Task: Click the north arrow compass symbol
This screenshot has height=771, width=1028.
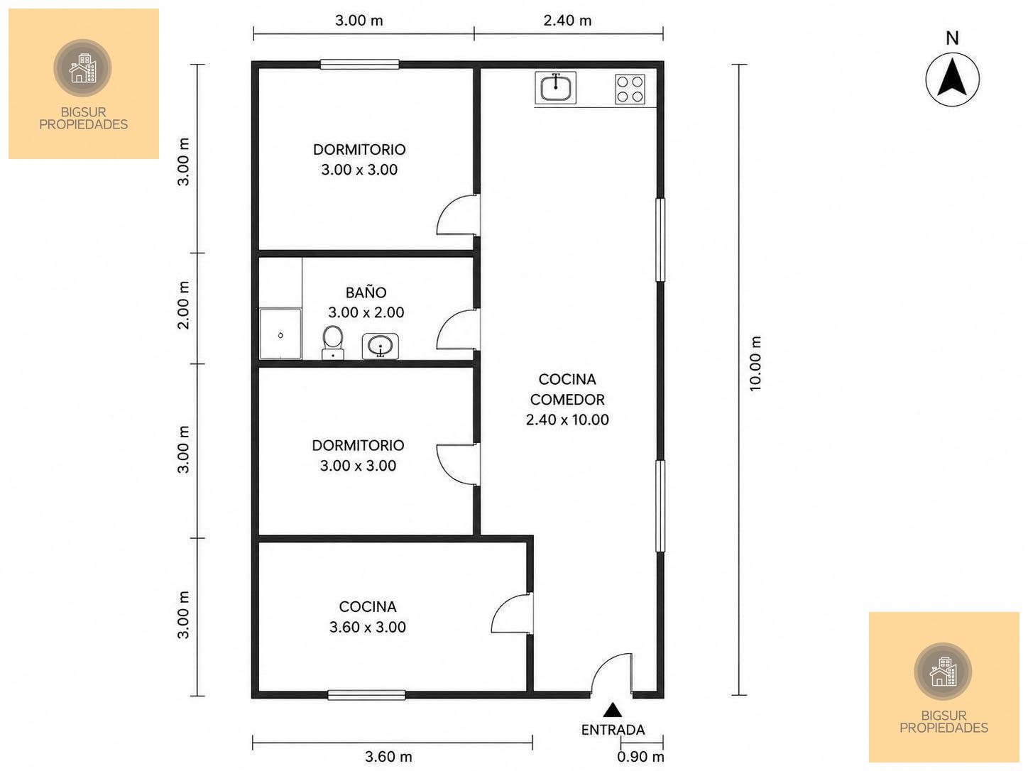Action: (x=951, y=79)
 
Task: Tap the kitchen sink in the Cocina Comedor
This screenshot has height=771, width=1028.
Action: (x=555, y=87)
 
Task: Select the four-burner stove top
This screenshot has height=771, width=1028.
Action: (x=630, y=89)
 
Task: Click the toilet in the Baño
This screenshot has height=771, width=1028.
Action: (x=333, y=343)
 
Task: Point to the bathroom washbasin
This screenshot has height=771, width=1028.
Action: (x=381, y=346)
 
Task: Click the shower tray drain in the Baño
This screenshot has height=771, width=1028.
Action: (x=280, y=335)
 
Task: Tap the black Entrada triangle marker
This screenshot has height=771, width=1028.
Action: (x=612, y=710)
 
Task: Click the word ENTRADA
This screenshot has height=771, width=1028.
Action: (x=613, y=730)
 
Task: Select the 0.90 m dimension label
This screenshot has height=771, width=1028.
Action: (x=640, y=757)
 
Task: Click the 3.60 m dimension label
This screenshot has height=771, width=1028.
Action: (x=389, y=757)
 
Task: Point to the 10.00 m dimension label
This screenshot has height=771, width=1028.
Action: (x=755, y=363)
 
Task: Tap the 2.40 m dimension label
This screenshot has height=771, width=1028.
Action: (x=568, y=21)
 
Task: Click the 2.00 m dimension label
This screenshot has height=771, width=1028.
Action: (x=184, y=305)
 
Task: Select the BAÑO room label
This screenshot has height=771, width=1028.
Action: (x=366, y=292)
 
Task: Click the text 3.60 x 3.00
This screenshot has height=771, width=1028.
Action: (x=368, y=627)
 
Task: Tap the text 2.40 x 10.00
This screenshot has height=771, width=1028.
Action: (x=568, y=420)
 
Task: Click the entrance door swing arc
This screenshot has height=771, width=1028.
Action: (x=602, y=664)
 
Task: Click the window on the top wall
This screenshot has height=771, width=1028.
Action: (x=360, y=64)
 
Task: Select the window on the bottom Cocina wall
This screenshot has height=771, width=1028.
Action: (x=367, y=695)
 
